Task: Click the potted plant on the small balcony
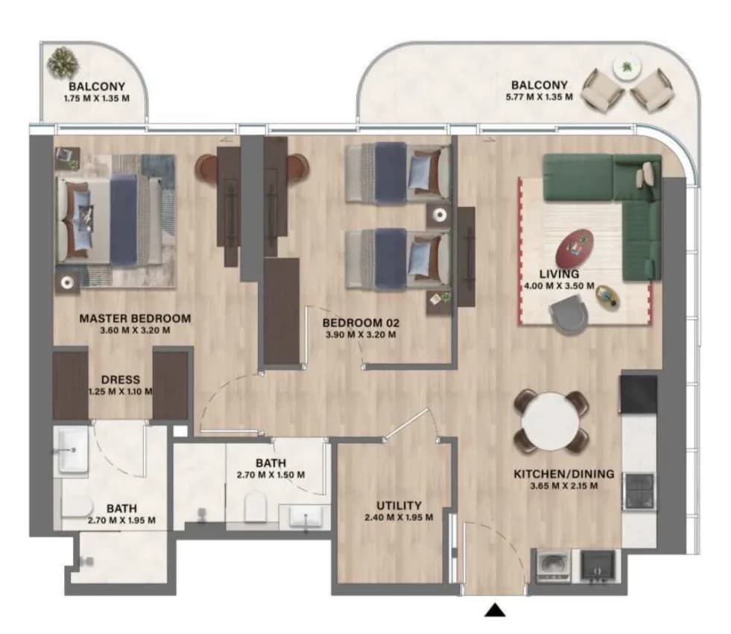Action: tap(63, 62)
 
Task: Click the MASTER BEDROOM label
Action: tap(135, 318)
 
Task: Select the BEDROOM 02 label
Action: tap(361, 323)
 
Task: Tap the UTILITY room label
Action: tap(399, 505)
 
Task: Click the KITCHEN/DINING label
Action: tap(564, 474)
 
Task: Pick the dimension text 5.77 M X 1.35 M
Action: tap(539, 97)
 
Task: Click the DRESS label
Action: tap(121, 380)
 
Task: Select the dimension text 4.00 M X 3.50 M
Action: tap(560, 286)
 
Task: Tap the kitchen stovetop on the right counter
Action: tap(639, 492)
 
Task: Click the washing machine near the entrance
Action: tap(554, 566)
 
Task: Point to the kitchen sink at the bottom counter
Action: tap(598, 566)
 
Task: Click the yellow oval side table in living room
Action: tap(608, 297)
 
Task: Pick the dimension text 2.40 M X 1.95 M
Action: tap(399, 518)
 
